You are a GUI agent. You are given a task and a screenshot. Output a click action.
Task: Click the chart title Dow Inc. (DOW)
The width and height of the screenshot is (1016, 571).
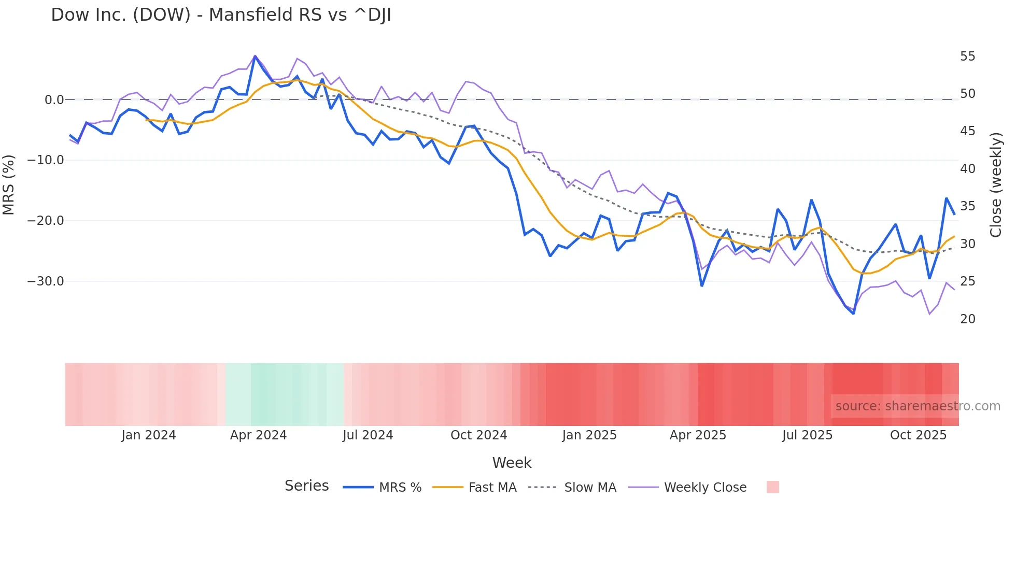pyautogui.click(x=221, y=15)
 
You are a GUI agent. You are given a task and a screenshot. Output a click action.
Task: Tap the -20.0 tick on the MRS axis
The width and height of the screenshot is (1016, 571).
pyautogui.click(x=45, y=221)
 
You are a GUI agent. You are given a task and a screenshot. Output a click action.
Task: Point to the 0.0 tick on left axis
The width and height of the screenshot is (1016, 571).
pyautogui.click(x=54, y=99)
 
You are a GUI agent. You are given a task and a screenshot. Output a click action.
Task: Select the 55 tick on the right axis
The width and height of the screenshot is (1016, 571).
pyautogui.click(x=967, y=56)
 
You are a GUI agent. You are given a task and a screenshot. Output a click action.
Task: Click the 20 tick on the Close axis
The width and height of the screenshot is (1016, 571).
pyautogui.click(x=967, y=319)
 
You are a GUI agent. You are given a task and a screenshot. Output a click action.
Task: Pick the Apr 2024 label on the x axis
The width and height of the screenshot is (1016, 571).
pyautogui.click(x=258, y=435)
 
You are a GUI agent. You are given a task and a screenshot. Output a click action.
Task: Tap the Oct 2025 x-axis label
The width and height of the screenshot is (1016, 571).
pyautogui.click(x=918, y=435)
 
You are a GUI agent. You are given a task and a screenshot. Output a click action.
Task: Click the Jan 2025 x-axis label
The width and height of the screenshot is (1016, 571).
pyautogui.click(x=589, y=435)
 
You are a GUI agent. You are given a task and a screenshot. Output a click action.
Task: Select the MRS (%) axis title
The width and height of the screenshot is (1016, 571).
pyautogui.click(x=9, y=184)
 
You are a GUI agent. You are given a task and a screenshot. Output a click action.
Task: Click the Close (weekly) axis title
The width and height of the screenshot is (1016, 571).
pyautogui.click(x=996, y=184)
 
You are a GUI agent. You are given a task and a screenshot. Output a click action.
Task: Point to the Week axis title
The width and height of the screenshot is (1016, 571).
pyautogui.click(x=512, y=463)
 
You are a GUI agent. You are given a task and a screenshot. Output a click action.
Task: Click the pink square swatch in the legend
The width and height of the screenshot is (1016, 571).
pyautogui.click(x=772, y=487)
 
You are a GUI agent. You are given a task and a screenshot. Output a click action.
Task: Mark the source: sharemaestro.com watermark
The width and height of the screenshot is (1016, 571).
pyautogui.click(x=918, y=406)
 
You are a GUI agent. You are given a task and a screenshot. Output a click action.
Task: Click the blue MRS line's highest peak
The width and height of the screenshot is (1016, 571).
pyautogui.click(x=255, y=56)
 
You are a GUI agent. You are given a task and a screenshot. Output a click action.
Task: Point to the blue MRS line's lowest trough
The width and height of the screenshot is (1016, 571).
pyautogui.click(x=853, y=313)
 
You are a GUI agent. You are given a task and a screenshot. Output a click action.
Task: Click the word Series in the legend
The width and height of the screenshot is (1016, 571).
pyautogui.click(x=306, y=486)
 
